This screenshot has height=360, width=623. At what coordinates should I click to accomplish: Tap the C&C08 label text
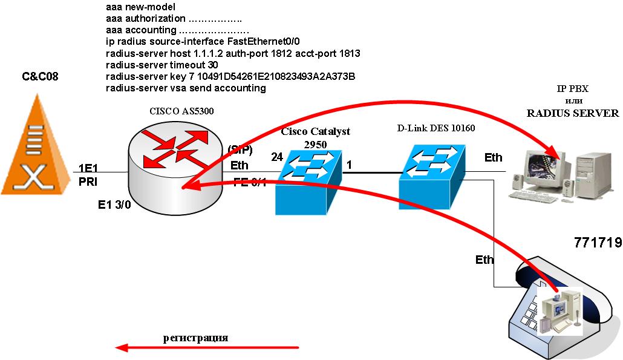click(x=40, y=77)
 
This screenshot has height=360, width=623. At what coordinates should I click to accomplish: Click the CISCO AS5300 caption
click(x=181, y=112)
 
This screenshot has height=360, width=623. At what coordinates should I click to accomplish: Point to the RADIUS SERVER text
click(x=572, y=113)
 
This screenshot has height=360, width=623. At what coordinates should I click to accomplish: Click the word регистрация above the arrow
click(x=195, y=338)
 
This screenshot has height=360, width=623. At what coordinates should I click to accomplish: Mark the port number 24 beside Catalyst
click(x=277, y=157)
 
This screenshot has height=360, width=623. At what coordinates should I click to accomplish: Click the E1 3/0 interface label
click(x=114, y=205)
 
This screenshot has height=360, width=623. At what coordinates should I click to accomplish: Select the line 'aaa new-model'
click(x=140, y=8)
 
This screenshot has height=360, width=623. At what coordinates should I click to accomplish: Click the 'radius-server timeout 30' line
click(x=161, y=65)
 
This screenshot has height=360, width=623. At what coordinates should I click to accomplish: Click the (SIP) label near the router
click(x=240, y=149)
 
